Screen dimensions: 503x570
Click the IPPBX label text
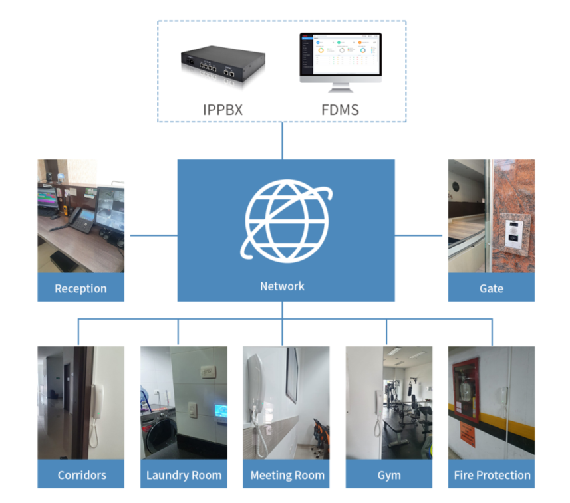tap(222, 110)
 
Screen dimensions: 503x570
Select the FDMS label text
tap(341, 110)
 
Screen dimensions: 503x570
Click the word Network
tap(282, 286)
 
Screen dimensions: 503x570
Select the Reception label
tap(80, 288)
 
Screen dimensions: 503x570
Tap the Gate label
tap(491, 288)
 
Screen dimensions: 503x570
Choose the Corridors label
tap(81, 475)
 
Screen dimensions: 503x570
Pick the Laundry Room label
tap(184, 475)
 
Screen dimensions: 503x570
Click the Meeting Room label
tap(287, 475)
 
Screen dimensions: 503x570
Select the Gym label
tap(389, 475)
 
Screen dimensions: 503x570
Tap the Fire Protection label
tap(492, 475)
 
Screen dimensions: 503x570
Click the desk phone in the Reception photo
tap(82, 218)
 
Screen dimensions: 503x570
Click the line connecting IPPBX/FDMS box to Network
tap(282, 140)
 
